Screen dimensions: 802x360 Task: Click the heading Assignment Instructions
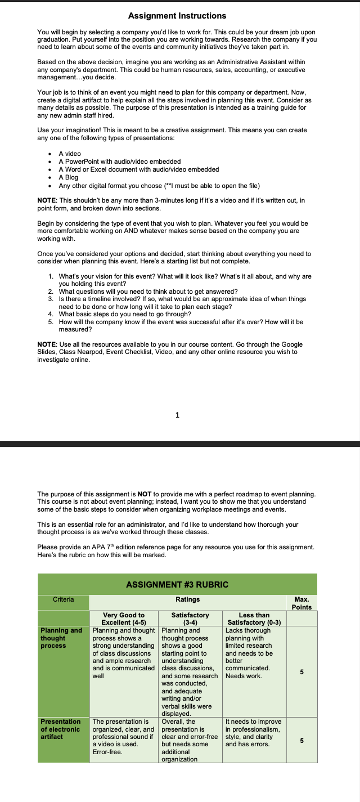(x=177, y=16)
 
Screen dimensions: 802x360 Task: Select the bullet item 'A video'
(x=70, y=154)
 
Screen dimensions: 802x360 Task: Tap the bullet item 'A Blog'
(x=69, y=177)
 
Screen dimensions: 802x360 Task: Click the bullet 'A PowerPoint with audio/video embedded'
(x=119, y=162)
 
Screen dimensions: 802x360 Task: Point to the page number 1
(x=178, y=415)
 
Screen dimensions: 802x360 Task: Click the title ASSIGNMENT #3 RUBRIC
(x=177, y=584)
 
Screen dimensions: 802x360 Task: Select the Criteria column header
(x=63, y=599)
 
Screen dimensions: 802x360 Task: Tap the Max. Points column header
(x=301, y=603)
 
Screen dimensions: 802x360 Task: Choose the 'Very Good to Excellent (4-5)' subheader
(x=124, y=619)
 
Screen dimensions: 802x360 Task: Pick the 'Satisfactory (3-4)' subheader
(x=190, y=619)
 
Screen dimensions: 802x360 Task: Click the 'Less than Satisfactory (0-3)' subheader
(x=254, y=619)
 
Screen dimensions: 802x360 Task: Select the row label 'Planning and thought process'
(x=61, y=638)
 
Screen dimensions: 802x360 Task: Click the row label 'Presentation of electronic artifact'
(x=60, y=729)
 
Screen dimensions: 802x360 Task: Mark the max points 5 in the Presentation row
(x=301, y=740)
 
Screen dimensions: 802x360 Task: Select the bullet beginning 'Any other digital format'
(x=159, y=186)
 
